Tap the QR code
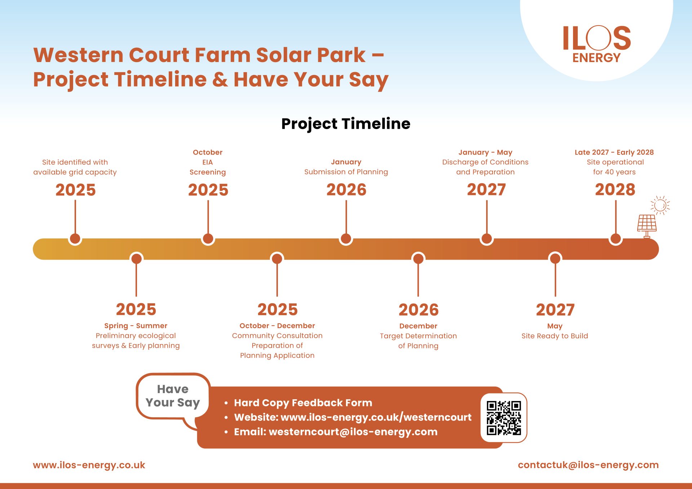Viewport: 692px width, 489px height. pyautogui.click(x=504, y=418)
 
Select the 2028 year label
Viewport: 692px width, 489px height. pyautogui.click(x=615, y=190)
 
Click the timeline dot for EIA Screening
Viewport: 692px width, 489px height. pyautogui.click(x=208, y=238)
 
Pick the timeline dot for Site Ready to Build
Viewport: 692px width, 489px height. pyautogui.click(x=555, y=258)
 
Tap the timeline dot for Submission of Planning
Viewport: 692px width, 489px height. pyautogui.click(x=346, y=238)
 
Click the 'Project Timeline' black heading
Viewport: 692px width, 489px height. pyautogui.click(x=346, y=124)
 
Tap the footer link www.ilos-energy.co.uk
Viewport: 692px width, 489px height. pyautogui.click(x=89, y=465)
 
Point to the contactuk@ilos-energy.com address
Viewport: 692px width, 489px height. pyautogui.click(x=588, y=465)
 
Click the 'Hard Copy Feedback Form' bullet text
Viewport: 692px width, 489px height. pyautogui.click(x=303, y=403)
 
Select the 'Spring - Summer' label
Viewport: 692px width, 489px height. pyautogui.click(x=136, y=326)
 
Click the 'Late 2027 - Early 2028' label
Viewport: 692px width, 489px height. pyautogui.click(x=614, y=152)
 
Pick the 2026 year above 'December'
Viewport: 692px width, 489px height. pyautogui.click(x=418, y=310)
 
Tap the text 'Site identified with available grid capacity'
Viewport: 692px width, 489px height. pyautogui.click(x=75, y=167)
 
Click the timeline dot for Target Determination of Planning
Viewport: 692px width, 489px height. pyautogui.click(x=418, y=258)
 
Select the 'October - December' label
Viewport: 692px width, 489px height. pyautogui.click(x=277, y=326)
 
